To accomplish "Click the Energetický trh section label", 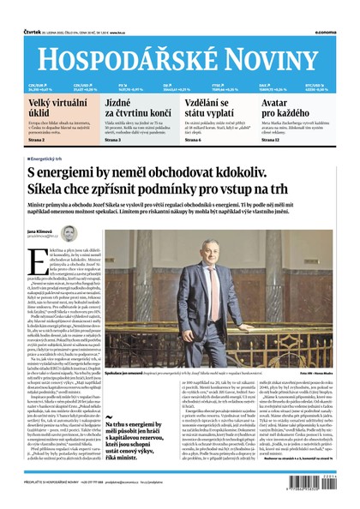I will click(51, 159).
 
